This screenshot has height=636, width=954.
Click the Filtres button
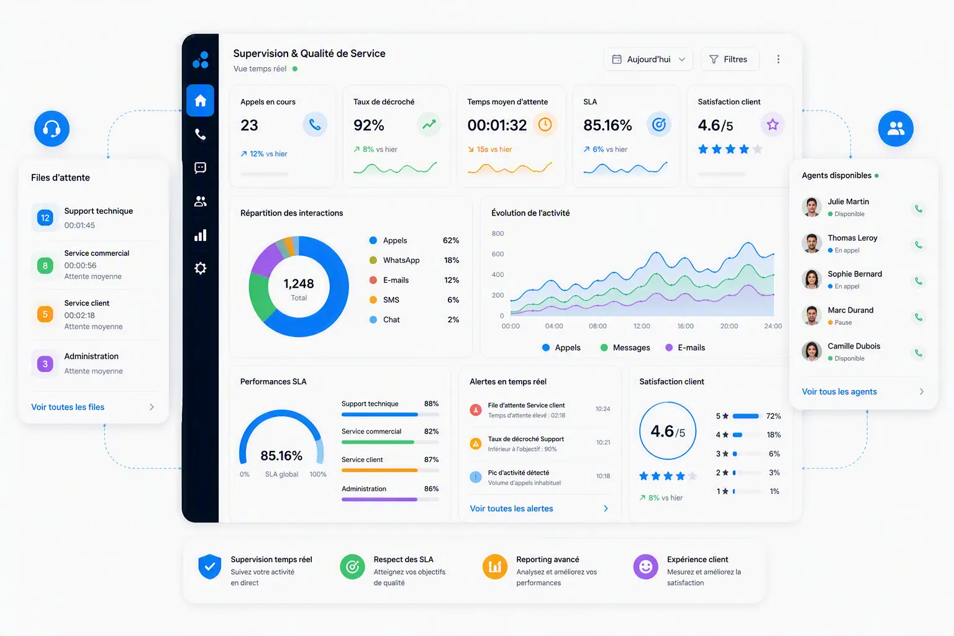[x=730, y=59]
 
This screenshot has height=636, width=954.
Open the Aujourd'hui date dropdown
[x=648, y=59]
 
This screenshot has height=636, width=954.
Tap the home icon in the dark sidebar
[x=200, y=101]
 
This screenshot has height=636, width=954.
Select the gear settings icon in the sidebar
[x=200, y=268]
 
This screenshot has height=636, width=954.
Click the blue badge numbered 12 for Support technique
[x=45, y=217]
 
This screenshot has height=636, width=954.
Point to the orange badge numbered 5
[x=45, y=314]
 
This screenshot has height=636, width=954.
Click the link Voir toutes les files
[x=68, y=407]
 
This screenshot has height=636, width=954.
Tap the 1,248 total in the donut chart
[x=299, y=284]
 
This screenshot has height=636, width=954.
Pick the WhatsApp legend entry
[x=394, y=260]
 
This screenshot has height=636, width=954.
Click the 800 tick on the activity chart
[x=497, y=234]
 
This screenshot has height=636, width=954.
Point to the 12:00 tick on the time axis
[x=642, y=326]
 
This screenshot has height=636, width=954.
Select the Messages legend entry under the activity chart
[x=625, y=348]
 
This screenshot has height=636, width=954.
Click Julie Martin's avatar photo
[x=812, y=207]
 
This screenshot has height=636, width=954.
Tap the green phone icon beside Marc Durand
[x=919, y=317]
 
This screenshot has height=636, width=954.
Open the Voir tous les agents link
[x=839, y=391]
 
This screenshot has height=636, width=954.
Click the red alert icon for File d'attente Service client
[x=476, y=410]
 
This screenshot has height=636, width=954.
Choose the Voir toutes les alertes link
[x=511, y=508]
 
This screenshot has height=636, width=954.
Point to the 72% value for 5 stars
[x=773, y=416]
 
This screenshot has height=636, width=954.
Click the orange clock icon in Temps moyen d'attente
[x=545, y=124]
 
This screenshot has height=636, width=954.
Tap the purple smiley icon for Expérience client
[x=646, y=566]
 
